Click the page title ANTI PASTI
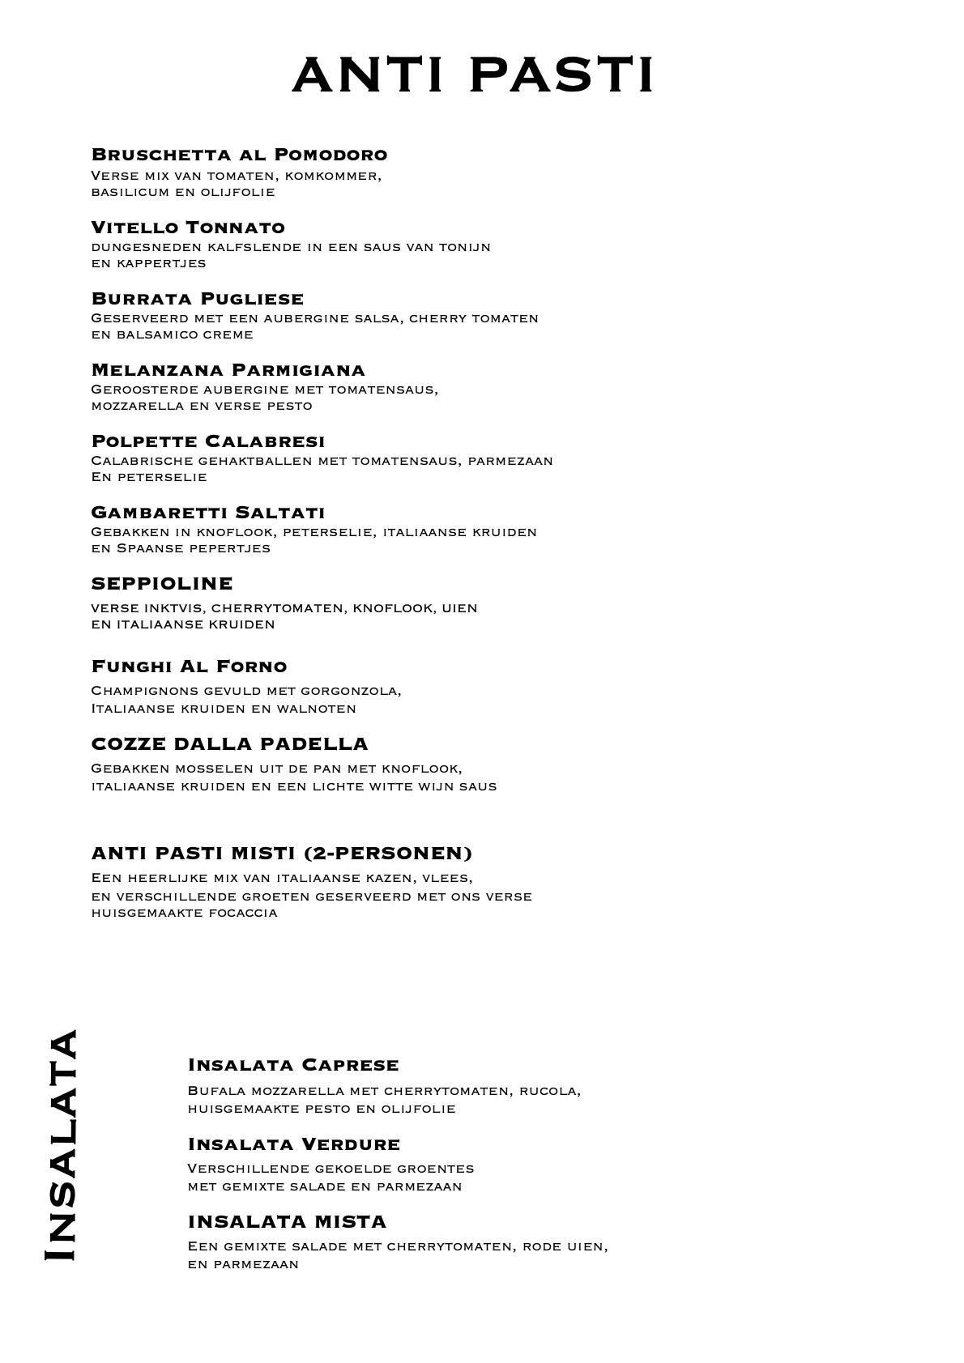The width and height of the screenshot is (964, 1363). coord(472,75)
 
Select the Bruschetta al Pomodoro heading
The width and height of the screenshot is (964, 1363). coord(239,154)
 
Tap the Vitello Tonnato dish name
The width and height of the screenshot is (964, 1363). coord(188,227)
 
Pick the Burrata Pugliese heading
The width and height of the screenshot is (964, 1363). coord(198,298)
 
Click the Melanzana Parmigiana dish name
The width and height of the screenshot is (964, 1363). coord(228,369)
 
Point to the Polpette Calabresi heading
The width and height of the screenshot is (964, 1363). coord(208,441)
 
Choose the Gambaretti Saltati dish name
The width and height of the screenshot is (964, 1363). coord(208,512)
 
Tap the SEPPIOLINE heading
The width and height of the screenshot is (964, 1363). coord(162,583)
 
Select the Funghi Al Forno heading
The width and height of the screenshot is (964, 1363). coord(190,666)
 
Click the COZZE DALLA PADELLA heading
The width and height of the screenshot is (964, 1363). coord(230,743)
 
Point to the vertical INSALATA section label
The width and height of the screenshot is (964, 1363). coord(61,1145)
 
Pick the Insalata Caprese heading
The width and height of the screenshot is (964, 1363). coord(293,1064)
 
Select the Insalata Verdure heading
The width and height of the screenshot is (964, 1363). coord(294,1144)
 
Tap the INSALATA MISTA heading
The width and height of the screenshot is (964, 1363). coord(287,1220)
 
